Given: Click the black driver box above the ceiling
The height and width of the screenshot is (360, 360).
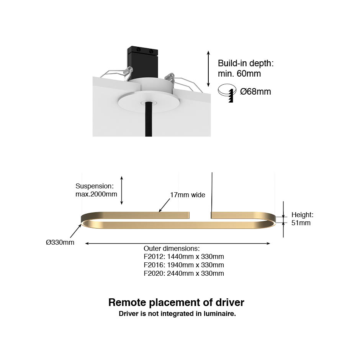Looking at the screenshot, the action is [143, 62].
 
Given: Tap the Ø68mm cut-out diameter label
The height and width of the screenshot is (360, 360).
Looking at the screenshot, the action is [255, 92].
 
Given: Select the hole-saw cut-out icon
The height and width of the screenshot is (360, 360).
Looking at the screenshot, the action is [227, 93].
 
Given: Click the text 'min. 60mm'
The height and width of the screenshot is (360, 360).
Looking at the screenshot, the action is [239, 74].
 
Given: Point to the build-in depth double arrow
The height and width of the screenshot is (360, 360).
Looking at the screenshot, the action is [208, 69].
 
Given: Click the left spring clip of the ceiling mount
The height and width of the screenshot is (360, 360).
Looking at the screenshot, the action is [127, 71].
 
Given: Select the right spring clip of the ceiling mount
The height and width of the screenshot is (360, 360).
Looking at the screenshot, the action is [170, 77].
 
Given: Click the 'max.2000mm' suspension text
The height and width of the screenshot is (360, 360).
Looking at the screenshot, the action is [96, 194].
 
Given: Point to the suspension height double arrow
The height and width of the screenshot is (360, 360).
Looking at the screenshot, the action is [122, 190].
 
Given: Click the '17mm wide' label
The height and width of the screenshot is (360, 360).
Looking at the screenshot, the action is [188, 195].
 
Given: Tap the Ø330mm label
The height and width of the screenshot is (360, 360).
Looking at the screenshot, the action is [60, 242].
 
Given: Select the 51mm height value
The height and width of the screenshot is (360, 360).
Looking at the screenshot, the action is [301, 223].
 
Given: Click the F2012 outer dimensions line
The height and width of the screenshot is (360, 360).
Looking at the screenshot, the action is [184, 257].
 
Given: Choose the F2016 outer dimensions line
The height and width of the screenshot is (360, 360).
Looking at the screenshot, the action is [184, 265].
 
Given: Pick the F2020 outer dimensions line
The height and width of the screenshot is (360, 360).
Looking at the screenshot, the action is [184, 273].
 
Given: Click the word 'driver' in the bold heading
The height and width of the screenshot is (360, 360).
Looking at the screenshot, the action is [230, 303].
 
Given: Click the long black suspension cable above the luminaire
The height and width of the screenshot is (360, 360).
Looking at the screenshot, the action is [212, 192].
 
